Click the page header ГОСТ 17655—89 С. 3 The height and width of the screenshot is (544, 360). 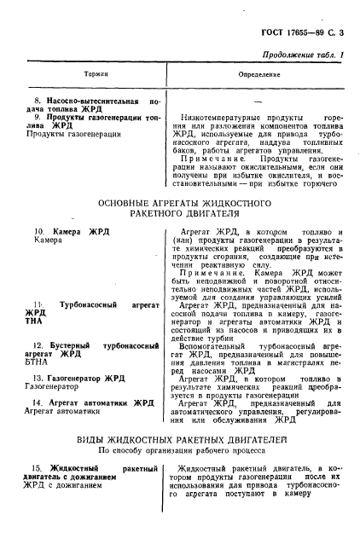tap(305, 32)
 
